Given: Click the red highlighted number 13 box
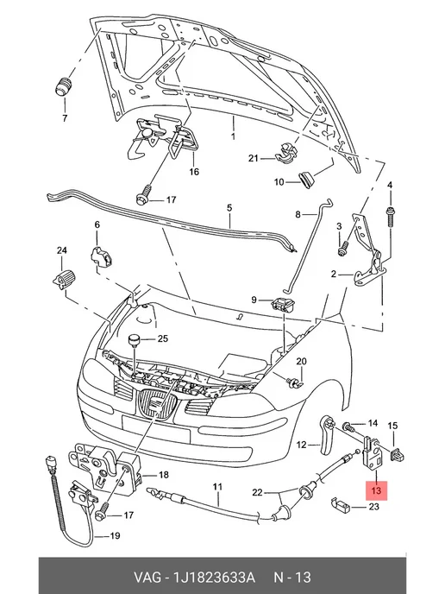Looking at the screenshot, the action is tap(376, 490).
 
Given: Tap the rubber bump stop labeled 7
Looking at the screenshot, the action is tap(63, 87).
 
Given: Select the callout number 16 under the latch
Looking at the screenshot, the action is tap(194, 172).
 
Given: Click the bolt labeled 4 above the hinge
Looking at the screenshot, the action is tap(390, 217).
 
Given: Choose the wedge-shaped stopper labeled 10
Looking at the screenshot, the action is tap(306, 179).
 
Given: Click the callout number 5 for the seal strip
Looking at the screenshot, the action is tap(229, 208).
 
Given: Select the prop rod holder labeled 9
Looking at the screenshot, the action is tap(283, 304).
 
